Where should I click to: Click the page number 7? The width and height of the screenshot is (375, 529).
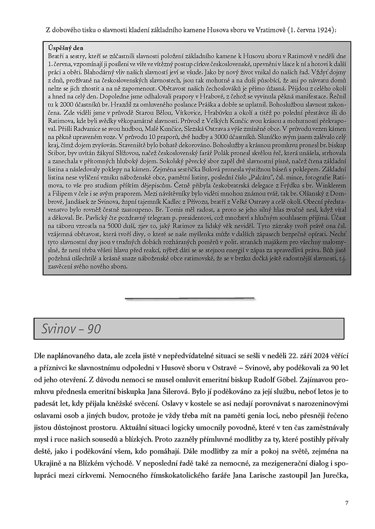pos(346,503)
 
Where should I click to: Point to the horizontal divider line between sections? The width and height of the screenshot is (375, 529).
pos(189,298)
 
